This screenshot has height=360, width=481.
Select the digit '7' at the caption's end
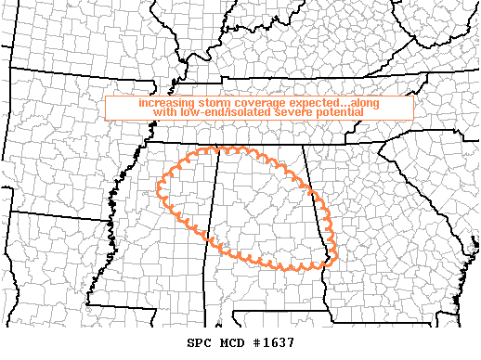291,342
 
